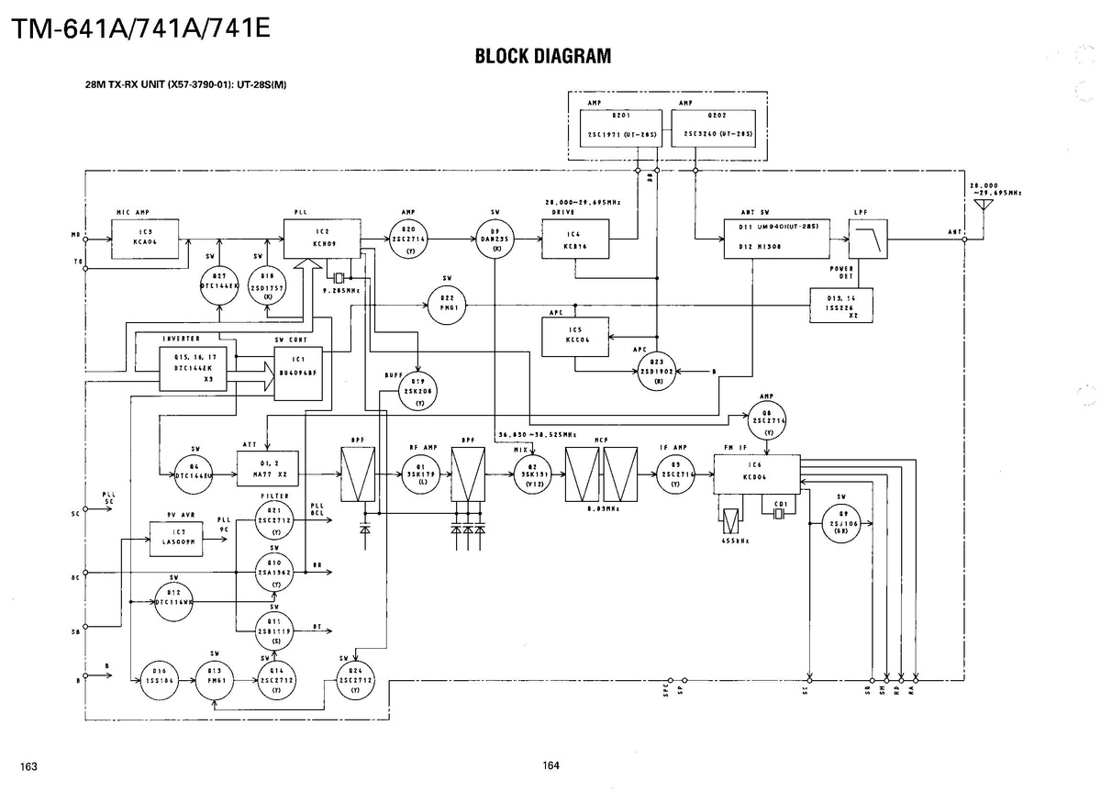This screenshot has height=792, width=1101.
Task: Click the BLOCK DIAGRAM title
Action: pyautogui.click(x=542, y=57)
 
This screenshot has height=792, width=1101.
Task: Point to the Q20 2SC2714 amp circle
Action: pyautogui.click(x=409, y=239)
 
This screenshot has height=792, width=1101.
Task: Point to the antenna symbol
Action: pyautogui.click(x=983, y=205)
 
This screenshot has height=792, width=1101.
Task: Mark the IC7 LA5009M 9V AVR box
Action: pyautogui.click(x=177, y=538)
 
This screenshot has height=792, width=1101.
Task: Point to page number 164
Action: pyautogui.click(x=551, y=765)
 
